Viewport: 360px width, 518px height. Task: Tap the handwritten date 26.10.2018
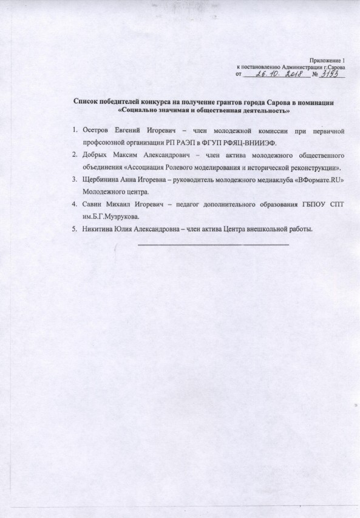click(273, 74)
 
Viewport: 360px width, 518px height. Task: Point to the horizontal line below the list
click(214, 244)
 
